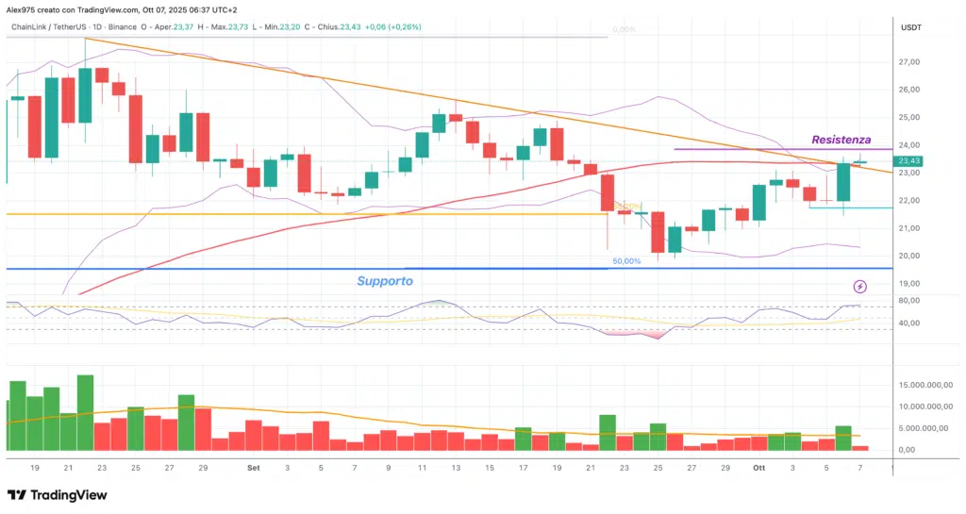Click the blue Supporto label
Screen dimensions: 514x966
coord(384,281)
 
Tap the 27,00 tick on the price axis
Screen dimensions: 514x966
coord(909,62)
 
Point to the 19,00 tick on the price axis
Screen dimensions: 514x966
coord(909,284)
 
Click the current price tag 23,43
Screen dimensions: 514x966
coord(909,161)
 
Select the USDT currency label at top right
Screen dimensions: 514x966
coord(911,28)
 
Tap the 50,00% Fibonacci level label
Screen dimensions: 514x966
coord(626,261)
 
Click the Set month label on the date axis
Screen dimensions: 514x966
coord(253,467)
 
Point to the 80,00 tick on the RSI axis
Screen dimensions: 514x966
coord(909,301)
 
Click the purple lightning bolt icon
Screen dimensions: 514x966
coord(859,286)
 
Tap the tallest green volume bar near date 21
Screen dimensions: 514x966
coord(85,413)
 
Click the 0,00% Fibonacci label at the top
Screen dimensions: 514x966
coord(623,30)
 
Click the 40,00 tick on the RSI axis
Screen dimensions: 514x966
coord(909,323)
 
